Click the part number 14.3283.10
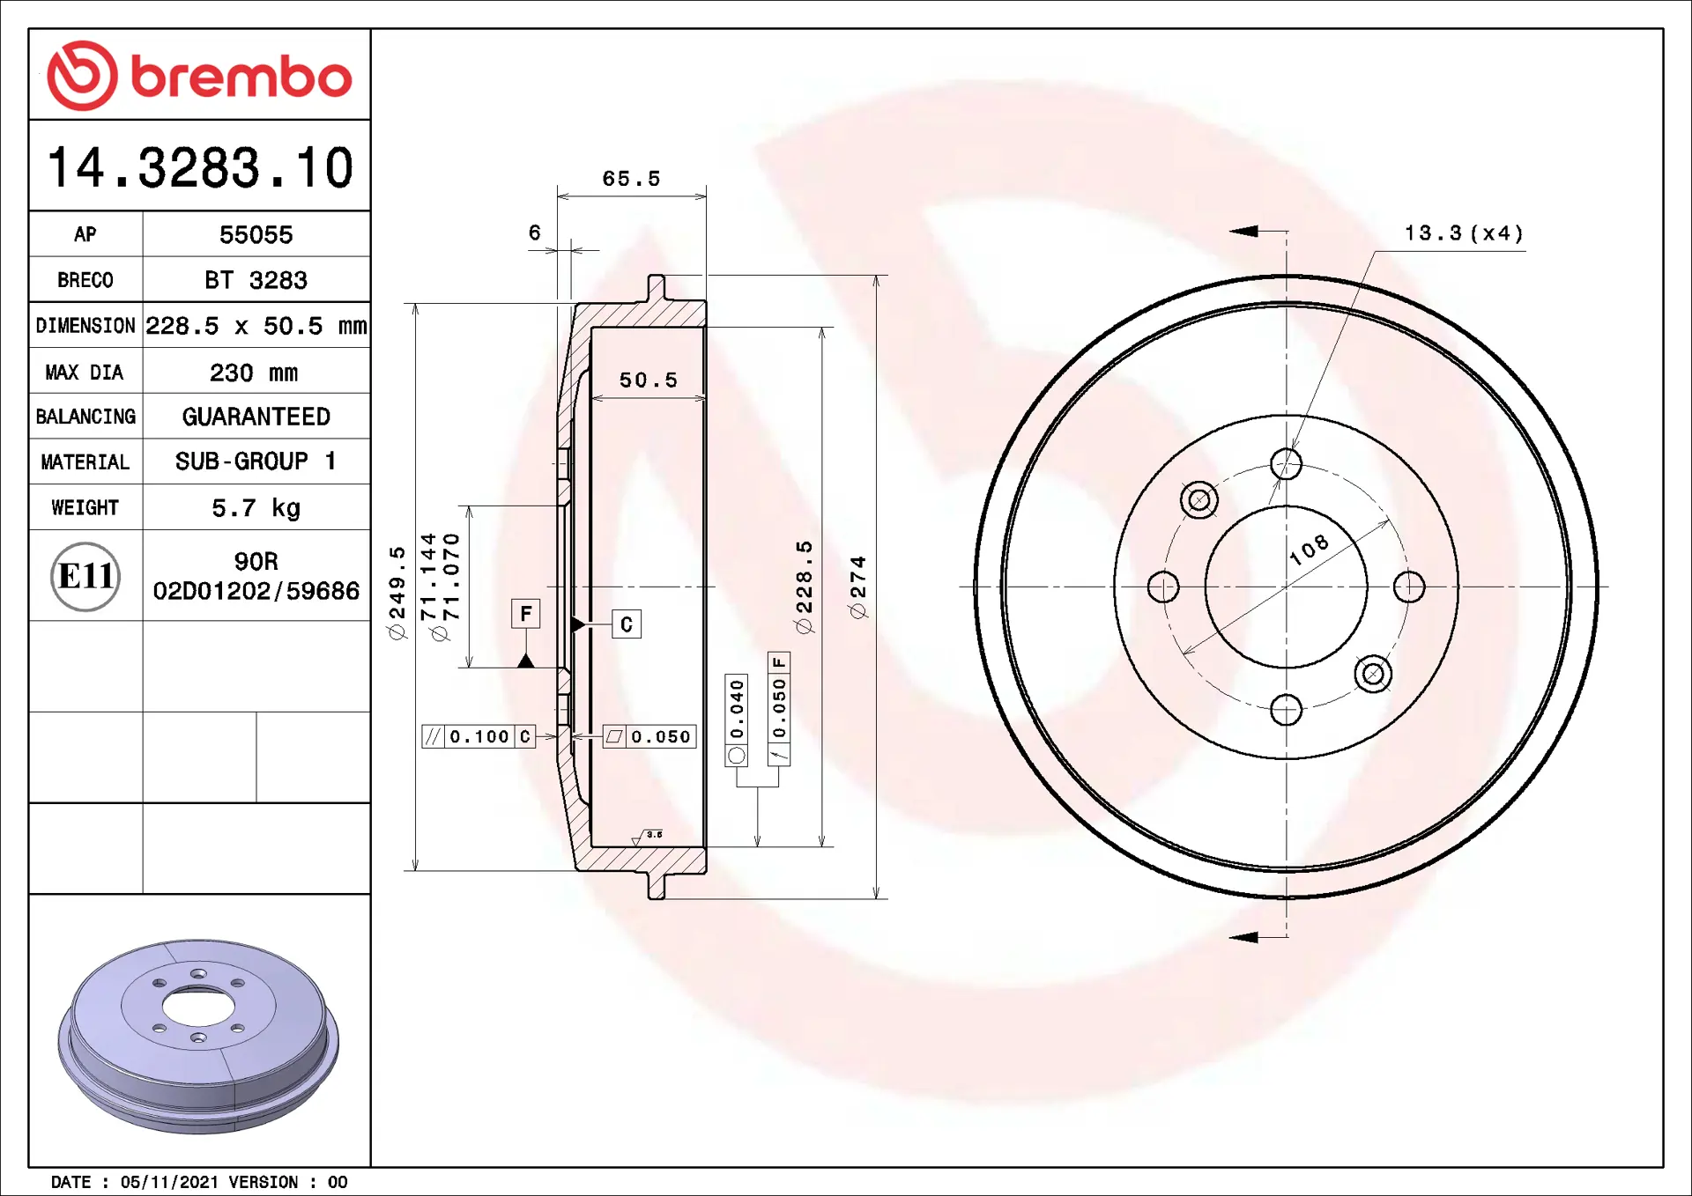point(200,167)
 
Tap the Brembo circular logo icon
point(82,76)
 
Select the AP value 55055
point(256,235)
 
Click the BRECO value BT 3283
point(256,280)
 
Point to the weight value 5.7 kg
point(256,508)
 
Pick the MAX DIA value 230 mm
point(254,373)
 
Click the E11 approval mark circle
point(85,576)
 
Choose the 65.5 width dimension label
point(631,179)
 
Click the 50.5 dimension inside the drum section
point(648,380)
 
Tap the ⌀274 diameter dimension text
point(857,587)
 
